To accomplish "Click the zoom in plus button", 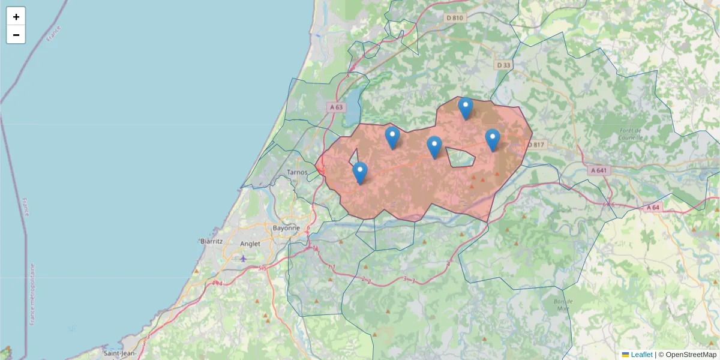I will pyautogui.click(x=16, y=17).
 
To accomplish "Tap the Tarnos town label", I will pyautogui.click(x=298, y=172).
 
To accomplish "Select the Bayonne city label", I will pyautogui.click(x=286, y=228).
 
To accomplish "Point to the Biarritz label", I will pyautogui.click(x=211, y=241).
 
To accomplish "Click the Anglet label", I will pyautogui.click(x=250, y=244).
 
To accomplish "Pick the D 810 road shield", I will pyautogui.click(x=455, y=18).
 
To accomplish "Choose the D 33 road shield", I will pyautogui.click(x=503, y=65).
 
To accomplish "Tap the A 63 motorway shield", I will pyautogui.click(x=336, y=107).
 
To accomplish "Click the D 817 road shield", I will pyautogui.click(x=536, y=144).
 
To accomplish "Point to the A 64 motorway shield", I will pyautogui.click(x=653, y=208).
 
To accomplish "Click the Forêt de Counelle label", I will pyautogui.click(x=630, y=134).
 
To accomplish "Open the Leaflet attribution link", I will pyautogui.click(x=641, y=355).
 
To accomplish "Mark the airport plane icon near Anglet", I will pyautogui.click(x=243, y=259).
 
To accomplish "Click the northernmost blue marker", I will pyautogui.click(x=466, y=109).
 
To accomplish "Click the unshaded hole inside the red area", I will pyautogui.click(x=461, y=158).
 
